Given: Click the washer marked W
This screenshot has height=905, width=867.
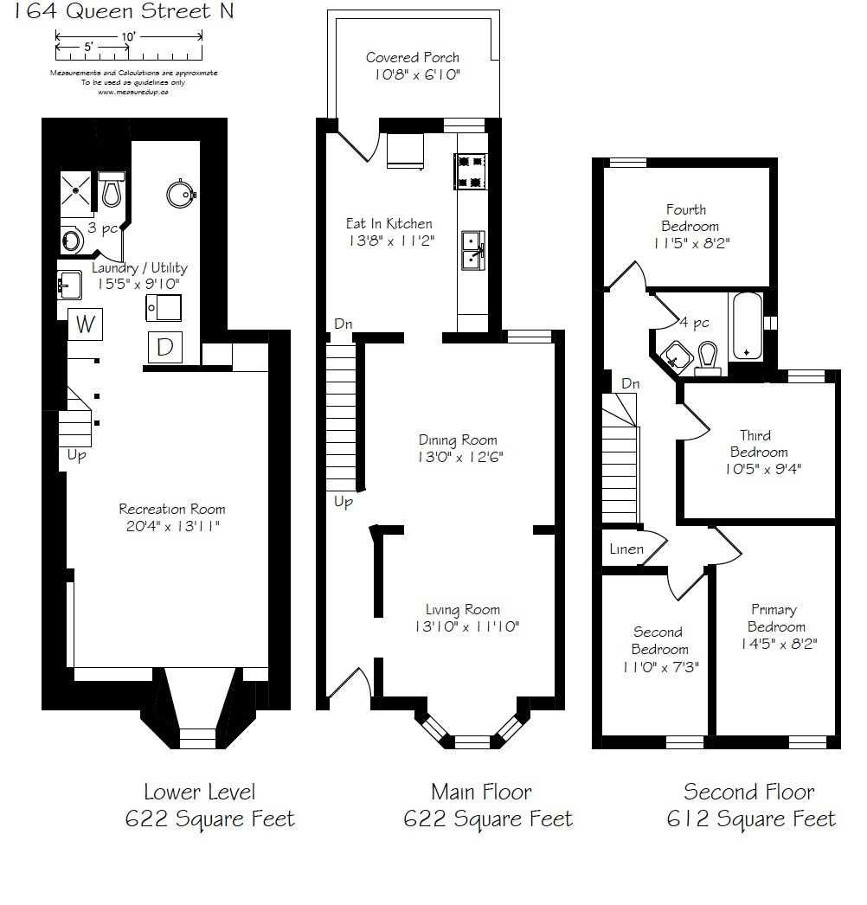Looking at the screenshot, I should click(85, 325).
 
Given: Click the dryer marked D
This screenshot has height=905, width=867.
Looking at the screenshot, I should click(164, 347).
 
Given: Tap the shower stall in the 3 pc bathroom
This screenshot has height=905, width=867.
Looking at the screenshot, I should click(76, 191).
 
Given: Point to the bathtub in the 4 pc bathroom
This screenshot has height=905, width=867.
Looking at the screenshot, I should click(746, 326).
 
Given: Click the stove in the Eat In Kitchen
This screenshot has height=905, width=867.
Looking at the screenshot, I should click(471, 170).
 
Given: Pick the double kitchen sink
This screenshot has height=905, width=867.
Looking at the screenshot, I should click(472, 248).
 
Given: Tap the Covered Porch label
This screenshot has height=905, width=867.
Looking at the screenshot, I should click(413, 58).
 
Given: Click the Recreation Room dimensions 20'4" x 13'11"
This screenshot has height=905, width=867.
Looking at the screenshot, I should click(171, 525).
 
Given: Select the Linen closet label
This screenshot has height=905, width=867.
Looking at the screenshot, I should click(626, 549).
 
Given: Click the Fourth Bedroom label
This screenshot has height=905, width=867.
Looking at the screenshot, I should click(686, 209).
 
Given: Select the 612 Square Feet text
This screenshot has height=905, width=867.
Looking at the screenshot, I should click(750, 818).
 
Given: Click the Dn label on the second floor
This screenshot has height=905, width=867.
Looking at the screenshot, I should click(630, 383).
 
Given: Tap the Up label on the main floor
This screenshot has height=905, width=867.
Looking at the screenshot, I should click(344, 502).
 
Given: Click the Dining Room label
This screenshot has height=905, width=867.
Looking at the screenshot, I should click(458, 440).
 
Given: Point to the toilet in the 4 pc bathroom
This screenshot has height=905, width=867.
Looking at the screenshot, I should click(708, 358).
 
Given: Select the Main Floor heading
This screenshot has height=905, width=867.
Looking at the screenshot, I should click(481, 791).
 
